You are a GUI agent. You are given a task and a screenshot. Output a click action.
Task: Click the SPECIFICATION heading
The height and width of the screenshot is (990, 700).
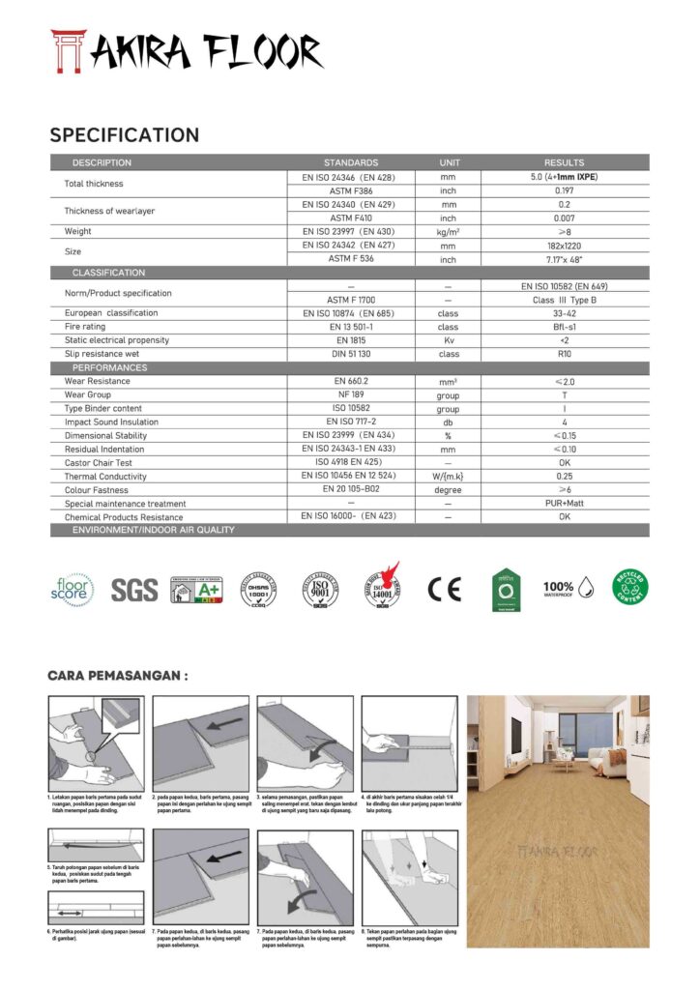click(x=125, y=135)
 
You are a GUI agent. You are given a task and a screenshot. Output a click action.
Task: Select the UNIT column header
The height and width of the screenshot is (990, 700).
click(x=449, y=162)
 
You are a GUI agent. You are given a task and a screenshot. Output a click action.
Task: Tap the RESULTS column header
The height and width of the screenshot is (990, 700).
click(x=564, y=162)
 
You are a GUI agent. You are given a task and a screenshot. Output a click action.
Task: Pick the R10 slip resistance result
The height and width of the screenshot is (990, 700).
click(x=564, y=354)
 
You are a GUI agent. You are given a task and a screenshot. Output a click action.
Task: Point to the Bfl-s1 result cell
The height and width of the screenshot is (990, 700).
click(x=564, y=327)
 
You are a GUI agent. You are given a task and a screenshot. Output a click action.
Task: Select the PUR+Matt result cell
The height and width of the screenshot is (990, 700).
click(x=564, y=504)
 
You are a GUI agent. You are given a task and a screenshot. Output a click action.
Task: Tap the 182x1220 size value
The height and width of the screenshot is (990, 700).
click(x=564, y=246)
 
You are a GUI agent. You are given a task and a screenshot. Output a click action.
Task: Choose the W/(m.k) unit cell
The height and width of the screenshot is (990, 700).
click(x=449, y=477)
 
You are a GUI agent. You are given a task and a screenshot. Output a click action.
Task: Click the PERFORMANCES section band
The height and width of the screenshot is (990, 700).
click(x=110, y=367)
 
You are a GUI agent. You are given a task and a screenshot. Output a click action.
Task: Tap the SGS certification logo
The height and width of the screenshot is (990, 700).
click(x=133, y=590)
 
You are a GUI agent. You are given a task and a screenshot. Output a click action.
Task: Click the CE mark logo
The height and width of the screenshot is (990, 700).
click(x=444, y=590)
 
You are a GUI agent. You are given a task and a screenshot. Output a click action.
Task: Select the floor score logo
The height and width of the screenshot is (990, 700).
click(x=73, y=589)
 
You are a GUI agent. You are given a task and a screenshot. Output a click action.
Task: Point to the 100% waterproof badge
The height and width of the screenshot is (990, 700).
click(x=567, y=588)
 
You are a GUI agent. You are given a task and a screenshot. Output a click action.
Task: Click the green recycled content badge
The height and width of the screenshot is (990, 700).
click(x=630, y=588)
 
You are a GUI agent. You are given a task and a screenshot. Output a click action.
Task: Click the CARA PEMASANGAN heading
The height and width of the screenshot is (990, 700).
click(x=117, y=676)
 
